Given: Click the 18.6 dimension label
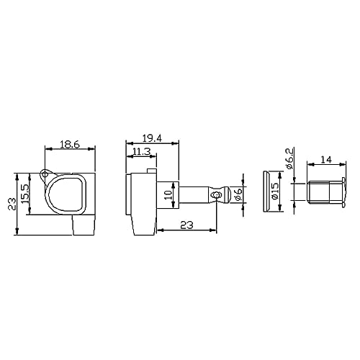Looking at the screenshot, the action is tap(70, 145).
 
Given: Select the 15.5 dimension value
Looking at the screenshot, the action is tap(26, 194).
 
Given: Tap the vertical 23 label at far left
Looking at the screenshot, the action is tap(12, 204).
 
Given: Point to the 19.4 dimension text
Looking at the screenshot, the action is tap(152, 138).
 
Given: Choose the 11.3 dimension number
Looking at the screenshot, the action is tap(142, 151).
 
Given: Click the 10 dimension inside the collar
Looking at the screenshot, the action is tap(169, 195).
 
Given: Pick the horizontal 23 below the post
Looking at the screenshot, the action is tap(186, 225).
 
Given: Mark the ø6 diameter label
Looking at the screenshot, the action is tap(238, 194).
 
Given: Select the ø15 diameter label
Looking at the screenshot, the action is tap(275, 191).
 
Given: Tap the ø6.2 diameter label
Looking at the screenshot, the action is tap(289, 158).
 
